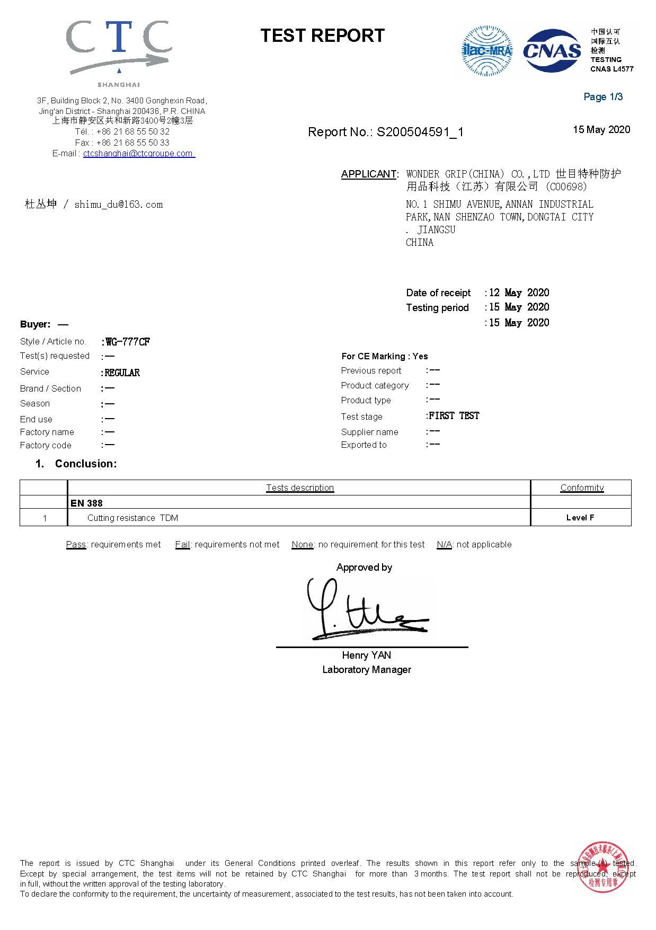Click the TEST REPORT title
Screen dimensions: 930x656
point(322,36)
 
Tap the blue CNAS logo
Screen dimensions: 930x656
point(552,51)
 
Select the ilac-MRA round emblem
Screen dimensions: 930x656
point(487,51)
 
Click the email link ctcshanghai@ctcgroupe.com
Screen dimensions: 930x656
point(139,154)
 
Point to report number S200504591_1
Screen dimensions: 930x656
point(420,132)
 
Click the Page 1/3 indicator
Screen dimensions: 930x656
point(603,96)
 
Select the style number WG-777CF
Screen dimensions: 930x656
point(128,342)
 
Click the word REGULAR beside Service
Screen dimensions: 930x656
point(122,373)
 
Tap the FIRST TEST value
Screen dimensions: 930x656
point(454,416)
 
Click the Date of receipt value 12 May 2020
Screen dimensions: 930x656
point(519,293)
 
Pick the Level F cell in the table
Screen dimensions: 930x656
point(580,518)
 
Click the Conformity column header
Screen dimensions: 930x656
point(582,488)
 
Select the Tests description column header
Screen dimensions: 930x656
point(300,488)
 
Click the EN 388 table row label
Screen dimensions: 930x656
point(86,503)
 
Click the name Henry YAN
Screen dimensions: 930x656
point(366,655)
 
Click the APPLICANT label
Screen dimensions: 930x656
point(369,174)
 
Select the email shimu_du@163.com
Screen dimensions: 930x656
point(118,205)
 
